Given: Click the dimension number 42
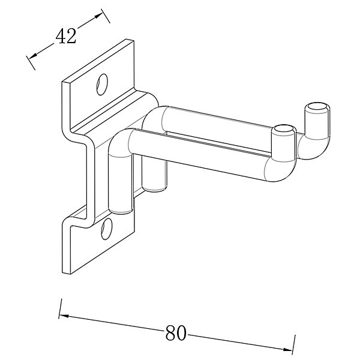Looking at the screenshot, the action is tap(65, 36).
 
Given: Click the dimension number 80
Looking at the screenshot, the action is tap(175, 333).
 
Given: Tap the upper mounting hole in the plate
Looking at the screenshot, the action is tap(102, 84).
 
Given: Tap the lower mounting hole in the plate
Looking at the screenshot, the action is tap(107, 229).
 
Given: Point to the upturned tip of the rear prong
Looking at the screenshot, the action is tap(317, 107).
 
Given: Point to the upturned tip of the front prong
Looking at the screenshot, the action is tap(284, 129).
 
